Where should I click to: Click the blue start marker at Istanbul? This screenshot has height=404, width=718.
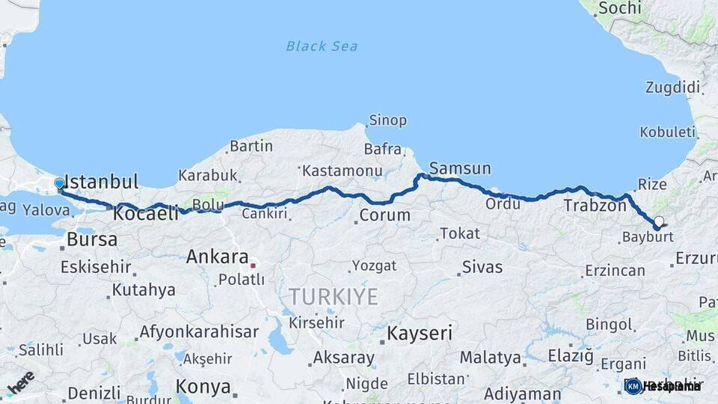coord(60,183)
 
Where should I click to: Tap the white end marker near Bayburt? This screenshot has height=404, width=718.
coord(659,221)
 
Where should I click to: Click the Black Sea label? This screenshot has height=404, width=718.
coord(322,46)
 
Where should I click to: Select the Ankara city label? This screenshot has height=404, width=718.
coord(217,257)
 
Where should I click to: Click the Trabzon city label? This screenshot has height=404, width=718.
coord(595,205)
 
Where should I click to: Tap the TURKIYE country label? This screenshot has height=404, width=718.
coord(334,296)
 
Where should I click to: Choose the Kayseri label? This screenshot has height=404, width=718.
coord(420,334)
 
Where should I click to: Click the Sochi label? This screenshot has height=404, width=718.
coord(620,8)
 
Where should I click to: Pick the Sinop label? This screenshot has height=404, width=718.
coord(387,120)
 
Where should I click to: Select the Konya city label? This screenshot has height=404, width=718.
coord(203,387)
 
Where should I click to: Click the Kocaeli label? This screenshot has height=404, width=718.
coord(146,214)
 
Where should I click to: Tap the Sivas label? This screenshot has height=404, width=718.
coord(482,267)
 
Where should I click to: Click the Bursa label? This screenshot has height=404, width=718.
coord(92,240)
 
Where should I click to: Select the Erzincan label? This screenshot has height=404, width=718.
coord(615,270)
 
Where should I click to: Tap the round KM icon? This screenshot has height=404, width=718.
coord(633,386)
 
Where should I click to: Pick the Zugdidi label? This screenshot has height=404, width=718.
coord(673,88)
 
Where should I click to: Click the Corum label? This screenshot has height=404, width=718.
coord(384,215)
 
